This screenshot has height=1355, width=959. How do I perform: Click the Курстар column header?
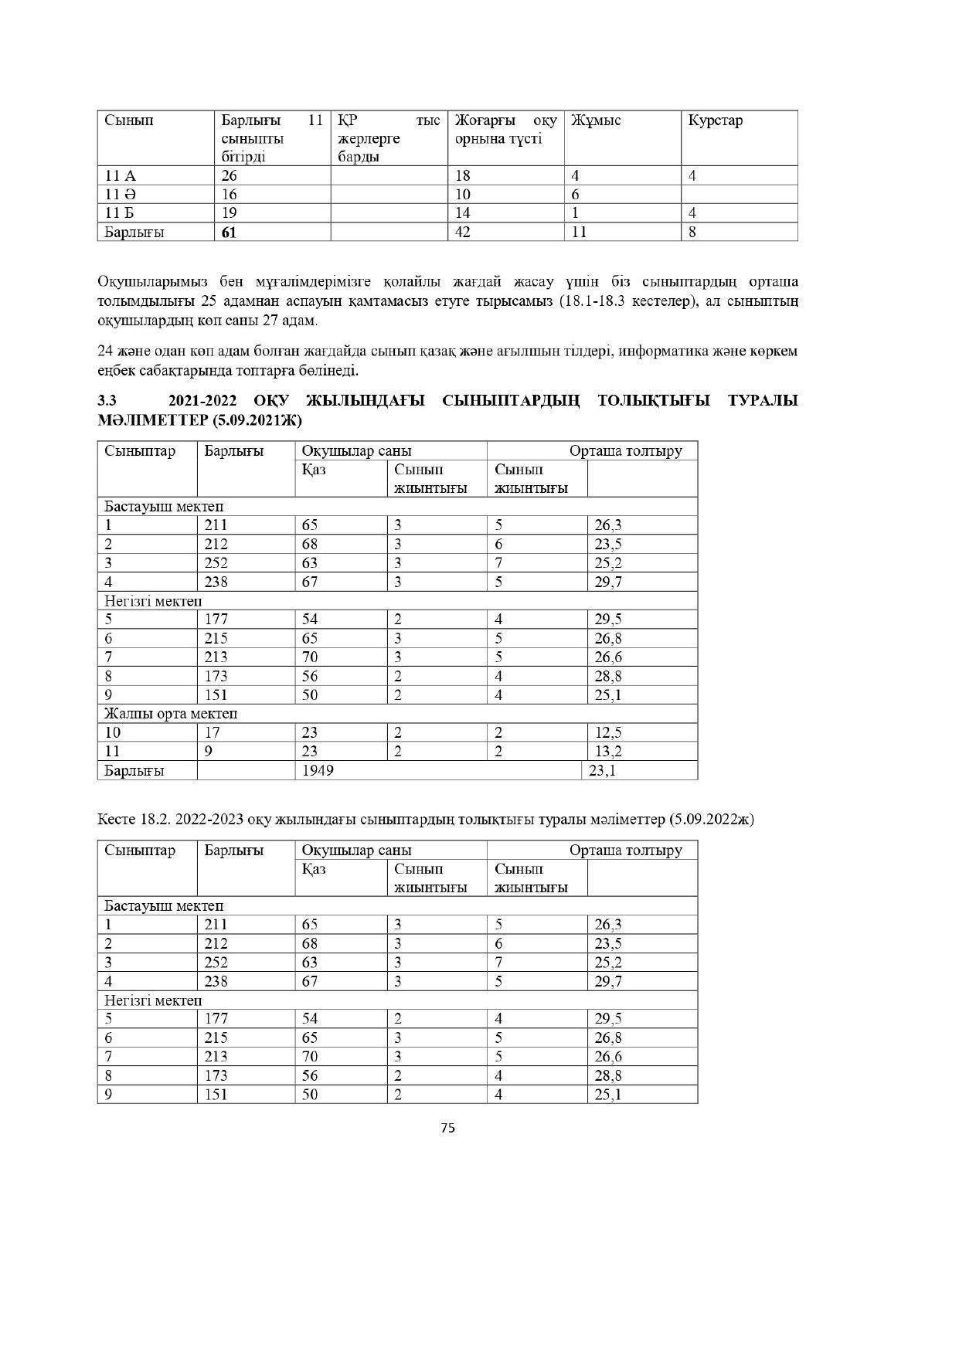(715, 121)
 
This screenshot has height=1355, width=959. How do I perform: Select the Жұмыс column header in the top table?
(596, 121)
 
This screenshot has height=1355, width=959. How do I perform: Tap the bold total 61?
(229, 232)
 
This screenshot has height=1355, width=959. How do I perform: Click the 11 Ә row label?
(120, 194)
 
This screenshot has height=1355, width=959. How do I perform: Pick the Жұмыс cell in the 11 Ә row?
(576, 194)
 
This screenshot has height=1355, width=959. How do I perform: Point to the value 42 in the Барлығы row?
(463, 232)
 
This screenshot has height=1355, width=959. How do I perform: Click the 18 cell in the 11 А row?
(463, 175)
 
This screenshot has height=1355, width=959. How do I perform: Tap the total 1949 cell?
(318, 770)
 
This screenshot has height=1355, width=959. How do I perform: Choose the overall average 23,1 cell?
(602, 770)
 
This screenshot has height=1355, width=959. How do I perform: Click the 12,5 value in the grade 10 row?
(608, 732)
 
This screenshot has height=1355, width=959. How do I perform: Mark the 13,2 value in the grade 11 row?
(608, 751)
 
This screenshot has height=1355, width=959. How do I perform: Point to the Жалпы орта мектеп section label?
(171, 713)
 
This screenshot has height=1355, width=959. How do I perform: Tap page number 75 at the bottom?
(447, 1128)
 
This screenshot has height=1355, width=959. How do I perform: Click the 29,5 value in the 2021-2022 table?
(608, 619)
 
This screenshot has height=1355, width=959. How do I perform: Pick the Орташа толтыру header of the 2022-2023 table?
(625, 850)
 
